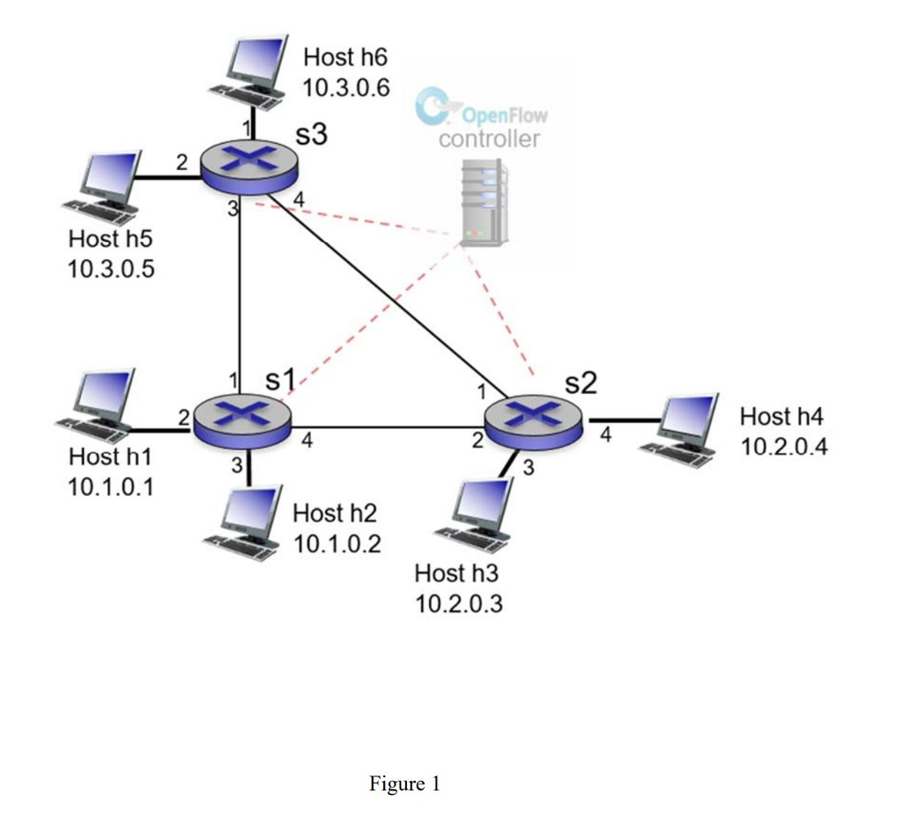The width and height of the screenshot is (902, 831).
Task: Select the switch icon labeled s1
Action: [240, 417]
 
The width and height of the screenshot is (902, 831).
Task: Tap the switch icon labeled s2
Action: [535, 419]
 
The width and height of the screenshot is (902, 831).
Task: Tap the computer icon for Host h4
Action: [684, 429]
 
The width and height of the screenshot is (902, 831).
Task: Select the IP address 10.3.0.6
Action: [345, 88]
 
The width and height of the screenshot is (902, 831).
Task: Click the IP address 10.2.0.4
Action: [784, 446]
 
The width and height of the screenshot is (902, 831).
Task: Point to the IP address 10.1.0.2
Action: [336, 544]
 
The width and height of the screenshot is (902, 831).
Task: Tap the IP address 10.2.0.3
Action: [458, 605]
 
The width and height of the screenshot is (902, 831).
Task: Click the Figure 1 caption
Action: [404, 783]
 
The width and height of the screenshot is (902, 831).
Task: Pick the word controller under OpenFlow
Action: [489, 139]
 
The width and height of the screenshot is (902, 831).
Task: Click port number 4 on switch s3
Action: [299, 200]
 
